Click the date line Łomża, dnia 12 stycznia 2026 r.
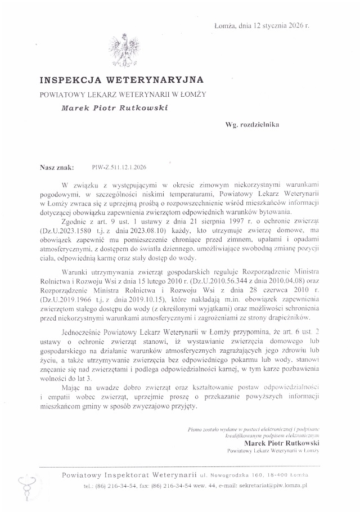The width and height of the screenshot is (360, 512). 262,26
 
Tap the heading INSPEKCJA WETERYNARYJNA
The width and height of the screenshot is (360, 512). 121,80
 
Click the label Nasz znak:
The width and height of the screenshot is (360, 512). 57,167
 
